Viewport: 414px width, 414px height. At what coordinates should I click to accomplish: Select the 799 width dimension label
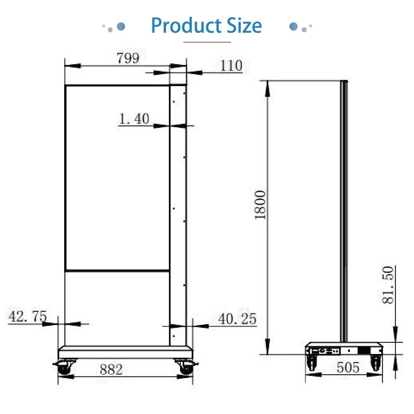127,58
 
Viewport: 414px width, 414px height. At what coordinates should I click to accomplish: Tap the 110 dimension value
231,66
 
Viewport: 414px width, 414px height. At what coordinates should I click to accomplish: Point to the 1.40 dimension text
134,119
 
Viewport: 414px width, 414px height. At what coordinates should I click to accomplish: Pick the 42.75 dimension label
27,317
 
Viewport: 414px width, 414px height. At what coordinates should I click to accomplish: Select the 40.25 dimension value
237,319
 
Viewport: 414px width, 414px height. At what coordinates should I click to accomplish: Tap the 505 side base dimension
348,367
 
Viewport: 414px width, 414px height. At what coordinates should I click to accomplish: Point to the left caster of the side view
311,362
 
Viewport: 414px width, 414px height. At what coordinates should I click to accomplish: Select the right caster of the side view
376,362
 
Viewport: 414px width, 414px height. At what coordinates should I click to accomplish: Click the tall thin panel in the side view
344,211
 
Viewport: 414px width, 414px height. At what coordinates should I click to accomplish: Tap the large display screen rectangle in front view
118,178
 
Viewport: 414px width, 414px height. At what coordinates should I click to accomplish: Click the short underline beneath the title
207,42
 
